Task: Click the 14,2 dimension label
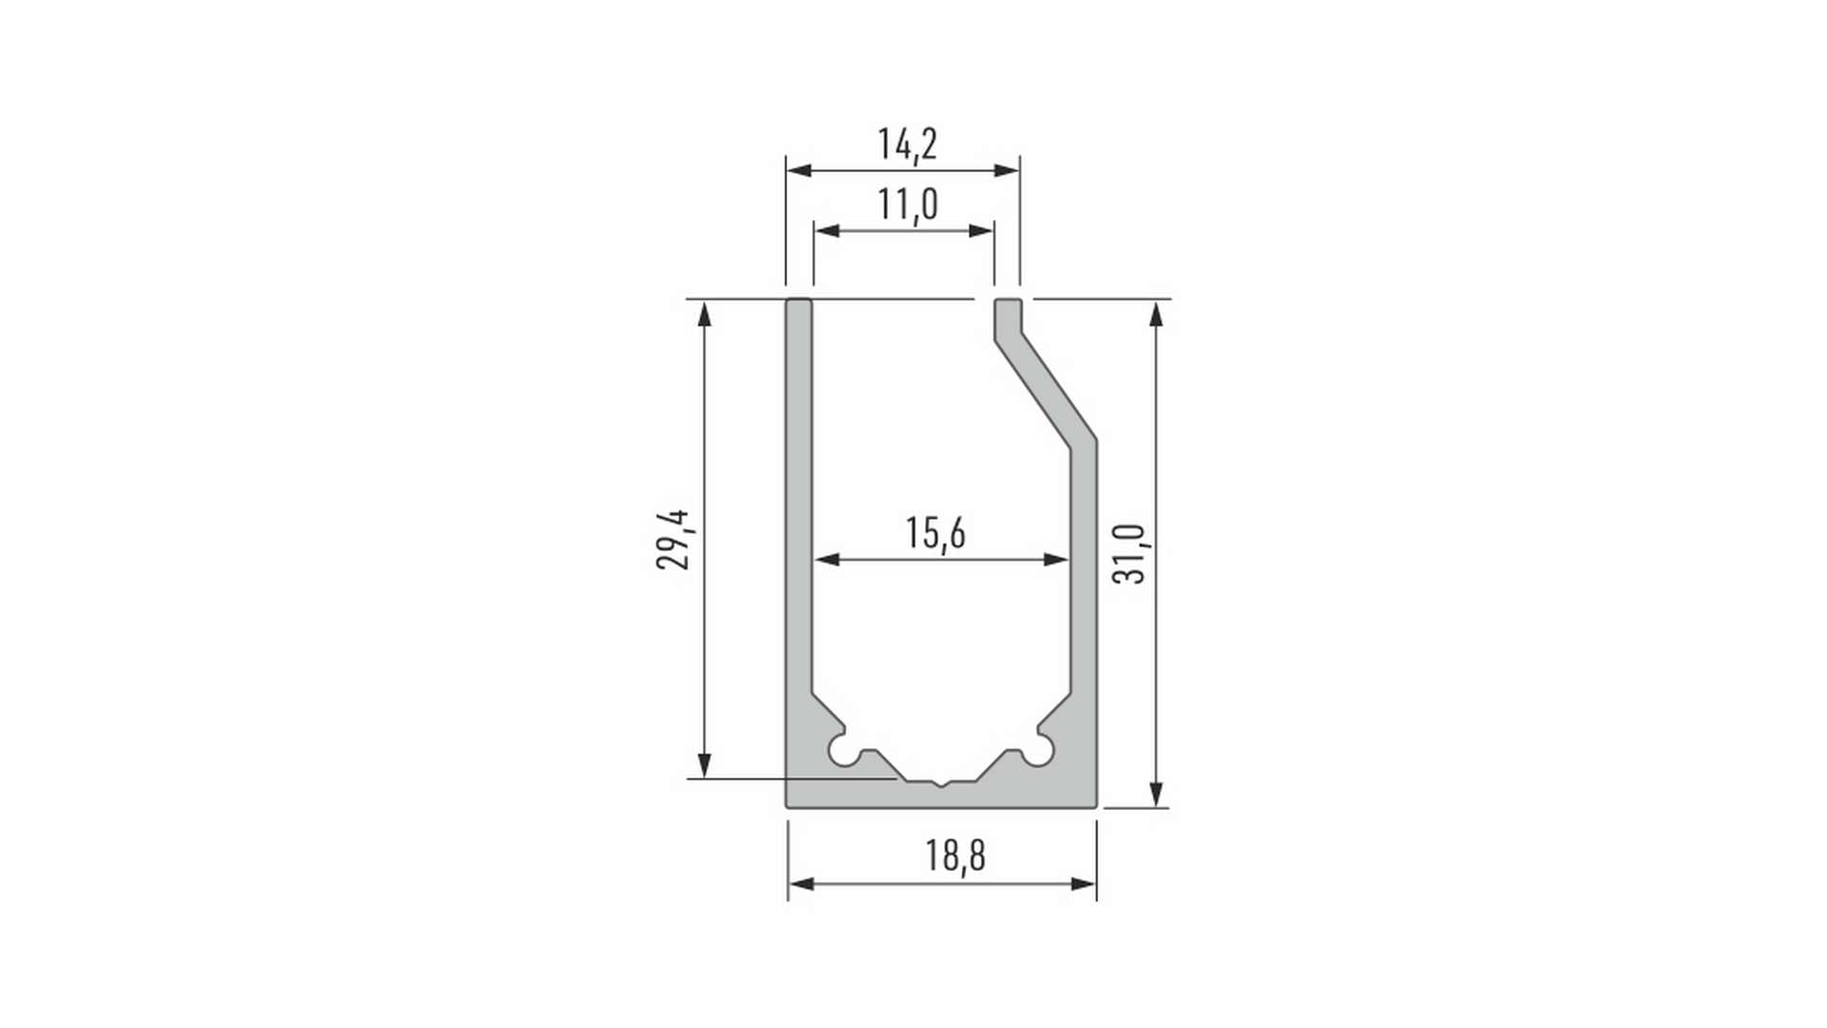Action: coord(907,145)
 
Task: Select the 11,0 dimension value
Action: coord(907,205)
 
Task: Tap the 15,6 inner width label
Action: coord(935,533)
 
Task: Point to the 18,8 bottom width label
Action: coord(955,855)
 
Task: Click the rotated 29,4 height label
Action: coord(674,540)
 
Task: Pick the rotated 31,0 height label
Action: coord(1130,553)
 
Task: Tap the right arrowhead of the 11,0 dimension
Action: coord(981,230)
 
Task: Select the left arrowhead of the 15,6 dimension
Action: coord(827,560)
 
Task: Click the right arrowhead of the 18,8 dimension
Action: coord(1084,884)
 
